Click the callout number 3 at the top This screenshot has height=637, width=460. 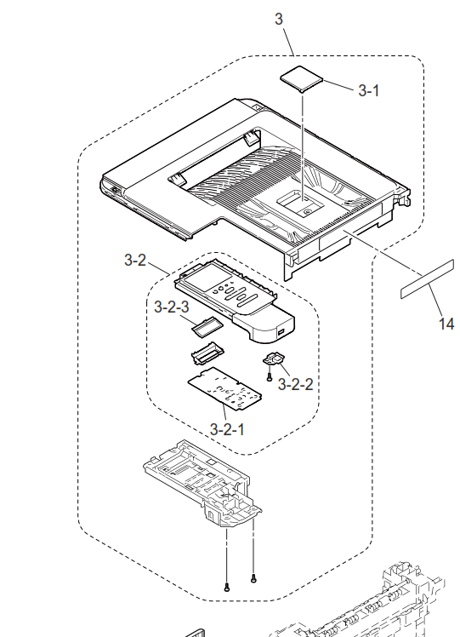279,19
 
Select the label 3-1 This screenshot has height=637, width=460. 369,90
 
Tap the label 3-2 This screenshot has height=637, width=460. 135,260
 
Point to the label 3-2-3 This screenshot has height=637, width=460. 172,307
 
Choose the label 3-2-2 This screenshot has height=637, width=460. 295,384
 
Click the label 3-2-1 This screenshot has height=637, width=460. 227,429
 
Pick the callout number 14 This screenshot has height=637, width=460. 446,324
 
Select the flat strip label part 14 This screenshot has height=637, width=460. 427,279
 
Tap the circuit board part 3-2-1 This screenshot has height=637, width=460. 224,387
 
